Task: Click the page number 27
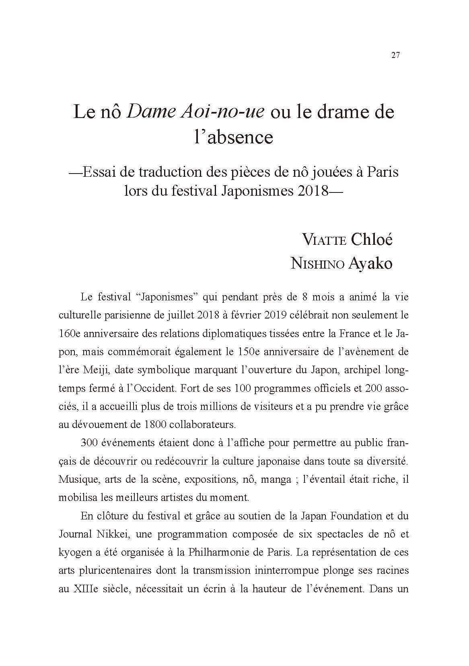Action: click(395, 56)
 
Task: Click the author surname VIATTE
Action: click(324, 240)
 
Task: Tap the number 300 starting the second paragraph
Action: click(88, 443)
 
